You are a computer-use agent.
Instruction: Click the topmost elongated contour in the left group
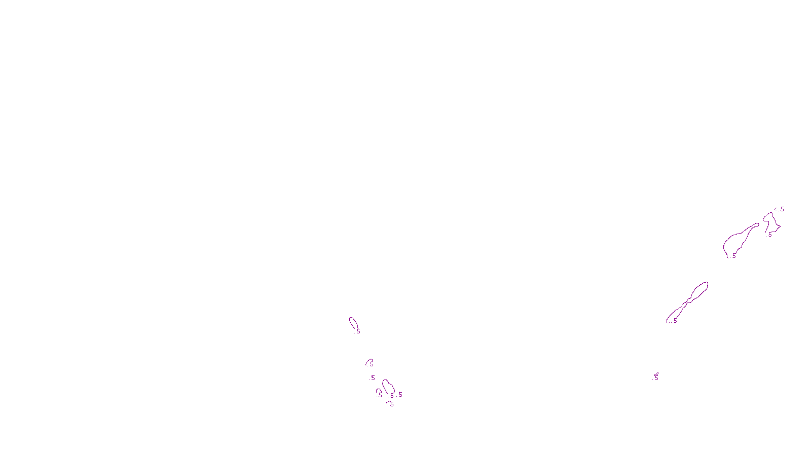[352, 321]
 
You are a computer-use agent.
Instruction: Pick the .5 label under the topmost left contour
[358, 331]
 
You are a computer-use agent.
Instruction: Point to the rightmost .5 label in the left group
[400, 395]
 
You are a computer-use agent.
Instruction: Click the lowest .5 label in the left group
[391, 404]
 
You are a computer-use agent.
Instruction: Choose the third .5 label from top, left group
[373, 378]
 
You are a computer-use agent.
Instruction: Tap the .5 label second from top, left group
[371, 364]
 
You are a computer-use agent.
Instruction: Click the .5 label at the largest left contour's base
[391, 396]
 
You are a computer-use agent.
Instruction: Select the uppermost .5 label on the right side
[782, 209]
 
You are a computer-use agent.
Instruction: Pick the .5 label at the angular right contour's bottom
[769, 235]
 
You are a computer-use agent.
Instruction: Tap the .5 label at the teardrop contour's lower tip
[733, 256]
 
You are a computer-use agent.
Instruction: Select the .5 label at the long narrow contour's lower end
[674, 321]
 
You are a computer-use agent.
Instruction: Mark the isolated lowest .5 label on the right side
[655, 378]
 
